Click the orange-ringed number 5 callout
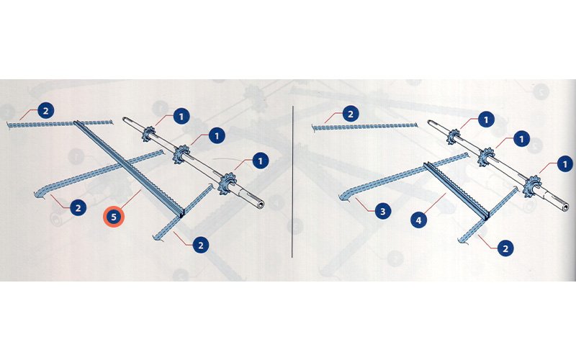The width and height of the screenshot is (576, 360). coord(114,217)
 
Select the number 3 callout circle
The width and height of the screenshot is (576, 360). coord(383,211)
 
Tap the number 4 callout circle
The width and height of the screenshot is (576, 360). coord(418,220)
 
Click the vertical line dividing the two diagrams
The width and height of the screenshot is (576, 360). coord(292,182)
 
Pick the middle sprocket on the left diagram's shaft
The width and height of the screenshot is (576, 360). coord(181,154)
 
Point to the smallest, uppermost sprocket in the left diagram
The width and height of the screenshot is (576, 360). coord(149,134)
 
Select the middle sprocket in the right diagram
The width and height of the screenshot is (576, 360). coord(487,157)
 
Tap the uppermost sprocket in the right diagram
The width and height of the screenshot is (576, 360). coord(454,138)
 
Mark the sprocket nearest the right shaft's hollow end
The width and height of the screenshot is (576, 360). coord(532,186)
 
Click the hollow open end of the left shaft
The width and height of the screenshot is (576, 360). coord(261,204)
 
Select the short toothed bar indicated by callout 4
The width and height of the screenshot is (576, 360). coord(456,191)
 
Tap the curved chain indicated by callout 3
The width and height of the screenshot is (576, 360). coord(403,176)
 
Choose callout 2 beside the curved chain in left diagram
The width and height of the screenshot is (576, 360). coord(78,208)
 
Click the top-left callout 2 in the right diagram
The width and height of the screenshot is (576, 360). coord(351,114)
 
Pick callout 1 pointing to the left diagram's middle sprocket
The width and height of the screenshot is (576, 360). coord(217,136)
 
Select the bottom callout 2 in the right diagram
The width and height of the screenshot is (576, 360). coord(505,248)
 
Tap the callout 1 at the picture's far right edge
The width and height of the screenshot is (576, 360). coord(565,164)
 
